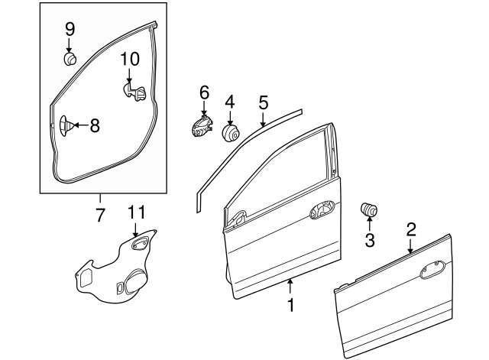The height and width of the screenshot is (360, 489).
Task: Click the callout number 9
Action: pyautogui.click(x=70, y=29)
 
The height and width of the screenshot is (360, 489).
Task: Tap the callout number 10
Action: pyautogui.click(x=129, y=59)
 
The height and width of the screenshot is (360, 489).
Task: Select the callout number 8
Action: pyautogui.click(x=95, y=126)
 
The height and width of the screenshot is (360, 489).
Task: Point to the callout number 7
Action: pyautogui.click(x=99, y=216)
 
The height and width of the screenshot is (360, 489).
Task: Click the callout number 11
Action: pyautogui.click(x=135, y=210)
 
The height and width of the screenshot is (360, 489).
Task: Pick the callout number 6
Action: pyautogui.click(x=204, y=92)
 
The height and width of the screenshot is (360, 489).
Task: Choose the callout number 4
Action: pyautogui.click(x=229, y=101)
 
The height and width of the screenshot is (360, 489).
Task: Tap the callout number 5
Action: pyautogui.click(x=263, y=102)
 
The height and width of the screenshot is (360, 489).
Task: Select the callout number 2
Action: pyautogui.click(x=410, y=229)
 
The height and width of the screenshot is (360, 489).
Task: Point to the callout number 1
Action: pyautogui.click(x=290, y=306)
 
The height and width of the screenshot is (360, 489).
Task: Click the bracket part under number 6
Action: pyautogui.click(x=201, y=126)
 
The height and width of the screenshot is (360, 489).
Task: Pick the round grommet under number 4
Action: pyautogui.click(x=230, y=133)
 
